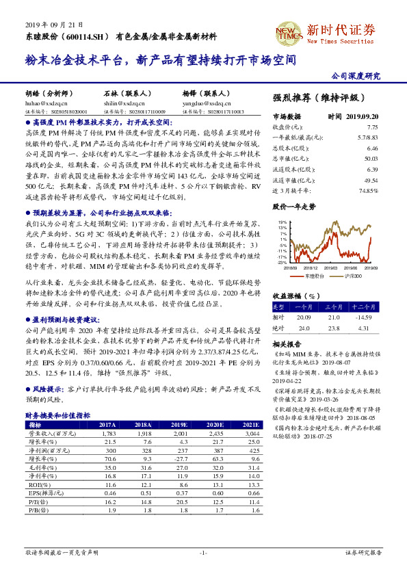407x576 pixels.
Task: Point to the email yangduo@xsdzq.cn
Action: tap(199, 101)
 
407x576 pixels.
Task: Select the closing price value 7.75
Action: tap(372, 127)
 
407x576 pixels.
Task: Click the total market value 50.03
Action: tap(371, 158)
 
